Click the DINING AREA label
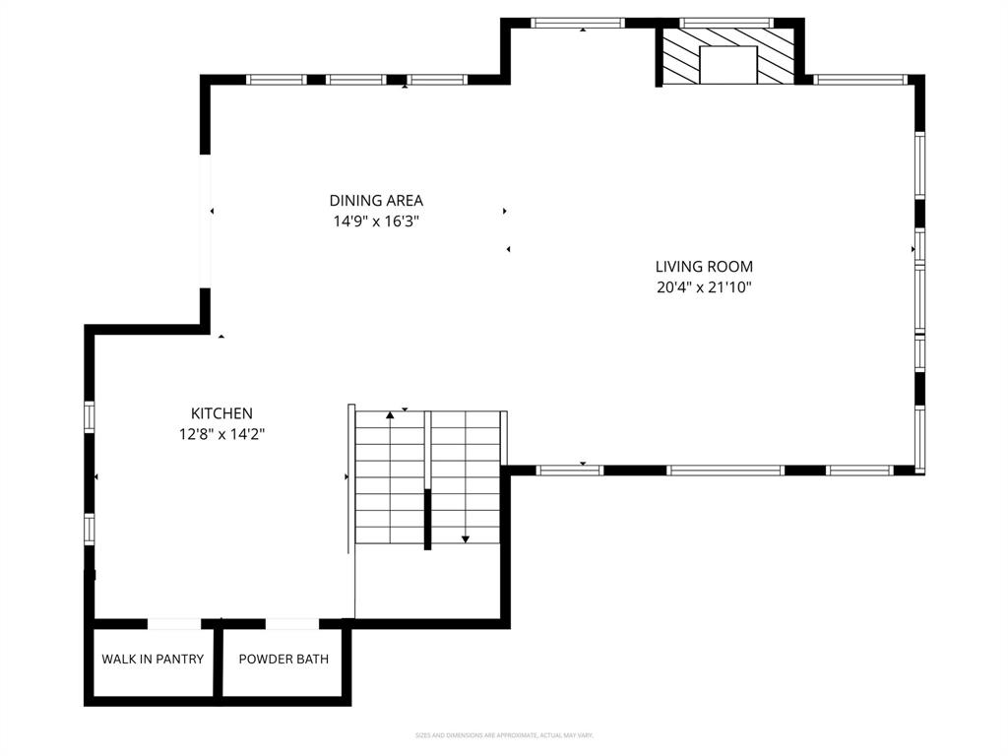tap(376, 201)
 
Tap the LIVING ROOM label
tap(704, 266)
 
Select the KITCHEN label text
tap(221, 413)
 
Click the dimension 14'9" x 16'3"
tap(376, 222)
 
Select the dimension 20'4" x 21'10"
tap(704, 287)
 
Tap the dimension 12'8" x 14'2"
tap(221, 433)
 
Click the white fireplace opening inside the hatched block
tap(727, 65)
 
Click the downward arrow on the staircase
tap(466, 537)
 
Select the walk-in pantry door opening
tap(174, 623)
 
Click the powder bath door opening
tap(292, 623)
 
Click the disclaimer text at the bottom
tap(504, 735)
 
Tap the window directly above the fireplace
tap(727, 23)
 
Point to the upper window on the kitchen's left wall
tap(90, 416)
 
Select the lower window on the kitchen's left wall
tap(90, 529)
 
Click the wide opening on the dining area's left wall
tap(206, 220)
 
